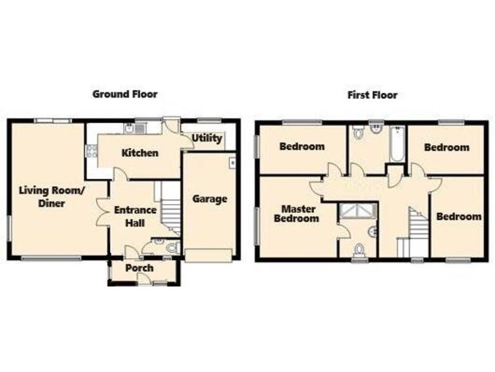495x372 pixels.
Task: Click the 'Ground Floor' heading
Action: [124, 94]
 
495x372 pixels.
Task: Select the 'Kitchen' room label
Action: [140, 153]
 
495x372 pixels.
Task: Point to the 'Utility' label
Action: [207, 138]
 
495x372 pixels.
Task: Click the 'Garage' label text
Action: [209, 199]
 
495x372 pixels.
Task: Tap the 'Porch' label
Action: [139, 268]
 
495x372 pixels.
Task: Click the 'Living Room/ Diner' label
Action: [52, 196]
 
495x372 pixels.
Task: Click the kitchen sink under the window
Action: [131, 129]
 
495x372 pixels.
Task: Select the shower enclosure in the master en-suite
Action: [356, 211]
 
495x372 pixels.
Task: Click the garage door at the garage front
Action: [209, 255]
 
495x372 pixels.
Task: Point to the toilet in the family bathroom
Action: [359, 133]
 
